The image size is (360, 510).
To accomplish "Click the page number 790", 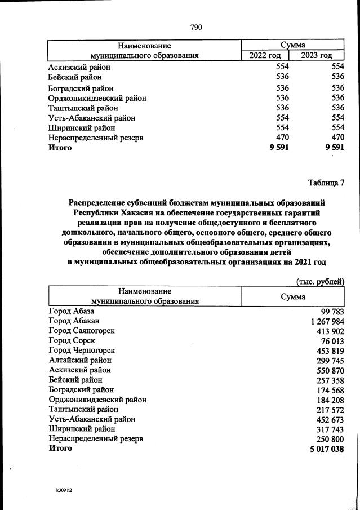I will (196, 28).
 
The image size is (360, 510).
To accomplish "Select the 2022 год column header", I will (265, 55).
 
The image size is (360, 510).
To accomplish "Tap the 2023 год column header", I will (316, 55).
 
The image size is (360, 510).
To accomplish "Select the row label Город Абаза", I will (72, 311).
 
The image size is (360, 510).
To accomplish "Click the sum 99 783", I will (328, 311).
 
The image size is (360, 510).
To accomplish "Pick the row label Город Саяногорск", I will (81, 331).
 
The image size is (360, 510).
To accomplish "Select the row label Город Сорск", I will (72, 340).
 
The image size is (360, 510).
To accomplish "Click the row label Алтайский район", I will (80, 360).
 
